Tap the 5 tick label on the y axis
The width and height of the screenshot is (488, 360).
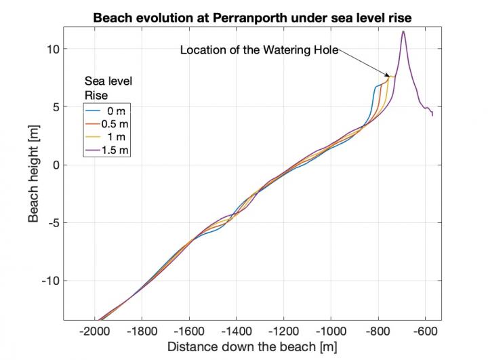tap(55, 107)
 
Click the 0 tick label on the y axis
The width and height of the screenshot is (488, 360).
tap(55, 165)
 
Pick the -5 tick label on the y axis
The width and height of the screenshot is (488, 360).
tap(53, 223)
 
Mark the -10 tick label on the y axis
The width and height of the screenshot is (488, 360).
tap(50, 281)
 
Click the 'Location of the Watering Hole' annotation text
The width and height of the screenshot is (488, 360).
tap(258, 50)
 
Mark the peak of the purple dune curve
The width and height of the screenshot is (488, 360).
tap(403, 31)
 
